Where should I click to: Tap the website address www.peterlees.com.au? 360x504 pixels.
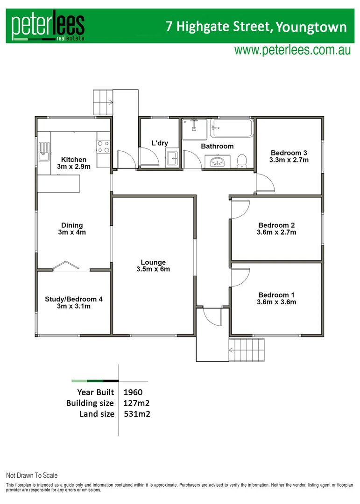coord(292,50)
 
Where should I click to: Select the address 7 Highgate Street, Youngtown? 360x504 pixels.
coord(256,27)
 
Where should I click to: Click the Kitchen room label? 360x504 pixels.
coord(74,163)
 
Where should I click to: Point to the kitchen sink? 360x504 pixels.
coord(44,151)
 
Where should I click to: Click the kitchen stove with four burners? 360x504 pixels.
coord(103,147)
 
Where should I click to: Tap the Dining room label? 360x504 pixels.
coord(71,229)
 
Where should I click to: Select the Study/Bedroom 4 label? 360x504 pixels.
coord(73,302)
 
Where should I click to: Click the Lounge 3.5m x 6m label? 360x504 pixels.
coord(153,266)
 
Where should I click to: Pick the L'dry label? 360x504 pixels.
coord(160,143)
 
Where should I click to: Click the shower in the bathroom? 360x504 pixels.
coord(194,129)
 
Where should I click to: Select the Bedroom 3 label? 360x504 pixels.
coord(289,156)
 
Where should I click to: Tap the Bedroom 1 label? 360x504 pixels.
coord(277,298)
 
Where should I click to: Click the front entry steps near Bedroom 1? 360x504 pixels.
coord(247,349)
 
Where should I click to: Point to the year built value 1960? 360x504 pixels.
coord(133,392)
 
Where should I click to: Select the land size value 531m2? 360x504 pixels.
coord(137,413)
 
